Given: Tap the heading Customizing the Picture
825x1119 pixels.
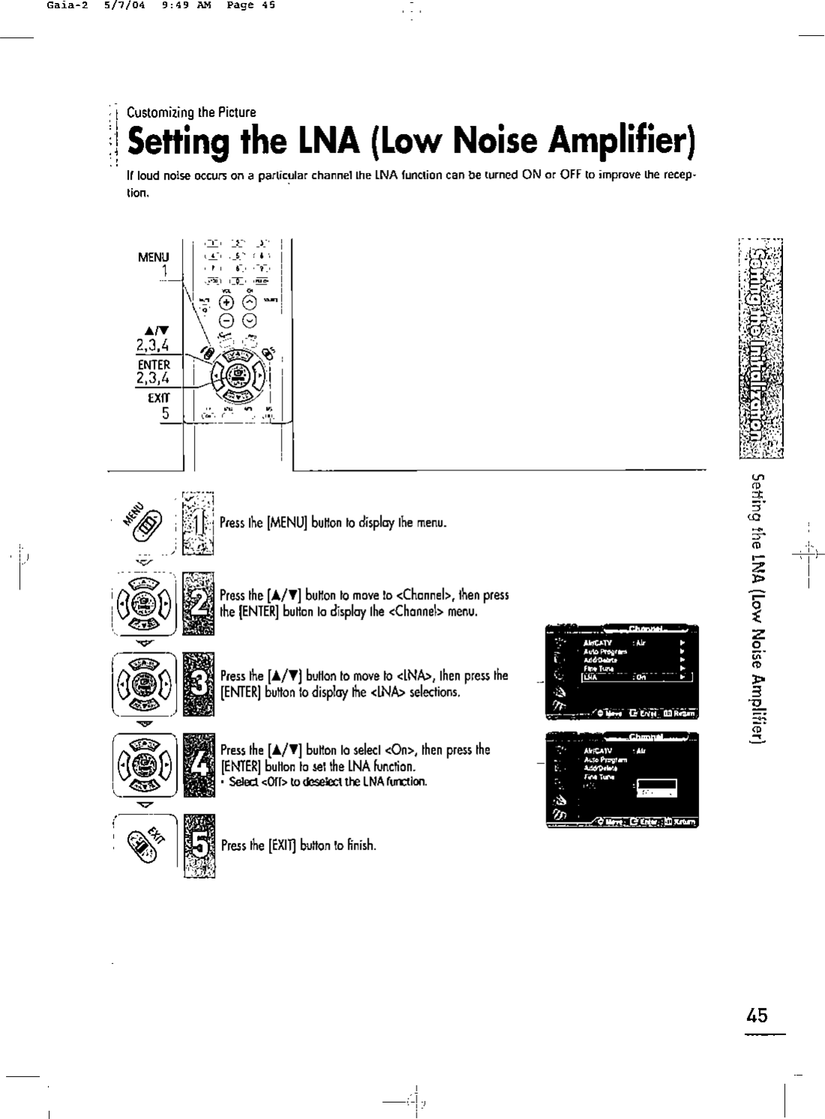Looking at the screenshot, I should click(x=191, y=112).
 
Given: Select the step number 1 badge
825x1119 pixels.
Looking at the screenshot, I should click(x=196, y=523).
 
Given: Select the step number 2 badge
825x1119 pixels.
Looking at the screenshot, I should click(x=196, y=602).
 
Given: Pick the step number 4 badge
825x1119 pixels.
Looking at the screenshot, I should click(x=196, y=765).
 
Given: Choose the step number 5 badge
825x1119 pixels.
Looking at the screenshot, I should click(x=197, y=844).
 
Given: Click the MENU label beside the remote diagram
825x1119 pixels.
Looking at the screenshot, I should click(x=154, y=257).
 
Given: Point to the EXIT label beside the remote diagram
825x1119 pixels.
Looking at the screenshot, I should click(x=159, y=398).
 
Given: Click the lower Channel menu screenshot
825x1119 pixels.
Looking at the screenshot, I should click(x=622, y=779).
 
